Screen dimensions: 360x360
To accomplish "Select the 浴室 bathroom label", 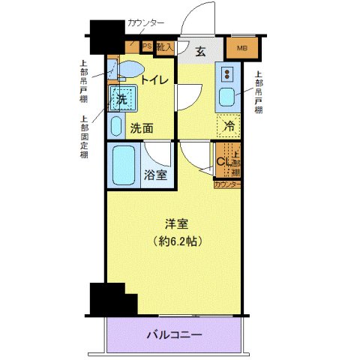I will pyautogui.click(x=155, y=175).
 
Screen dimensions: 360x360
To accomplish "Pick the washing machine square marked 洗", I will pyautogui.click(x=121, y=97).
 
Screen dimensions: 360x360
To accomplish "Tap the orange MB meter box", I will pyautogui.click(x=241, y=49).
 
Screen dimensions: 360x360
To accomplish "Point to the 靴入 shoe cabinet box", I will pyautogui.click(x=165, y=46).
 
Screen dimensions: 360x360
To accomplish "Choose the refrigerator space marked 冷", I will pyautogui.click(x=229, y=125).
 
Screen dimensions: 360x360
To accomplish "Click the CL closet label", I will pyautogui.click(x=223, y=161).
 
